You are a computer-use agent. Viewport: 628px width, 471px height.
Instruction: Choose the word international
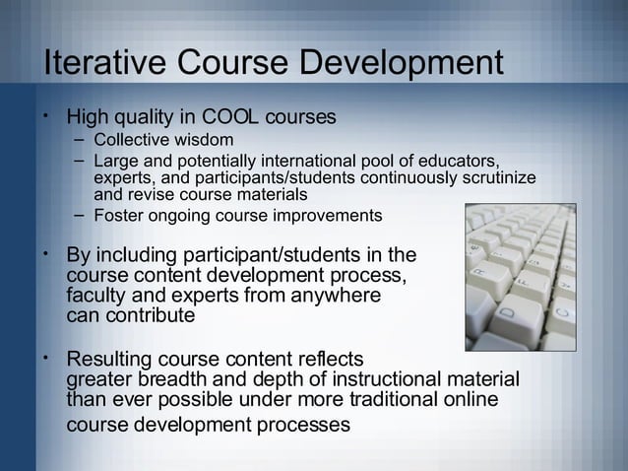(309, 161)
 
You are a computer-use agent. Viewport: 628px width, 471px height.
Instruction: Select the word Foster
(117, 215)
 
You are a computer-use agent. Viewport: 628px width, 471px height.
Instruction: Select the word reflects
(332, 359)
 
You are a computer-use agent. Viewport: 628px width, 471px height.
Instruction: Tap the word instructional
(391, 379)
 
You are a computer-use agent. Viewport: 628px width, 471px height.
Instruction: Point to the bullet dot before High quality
(46, 116)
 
